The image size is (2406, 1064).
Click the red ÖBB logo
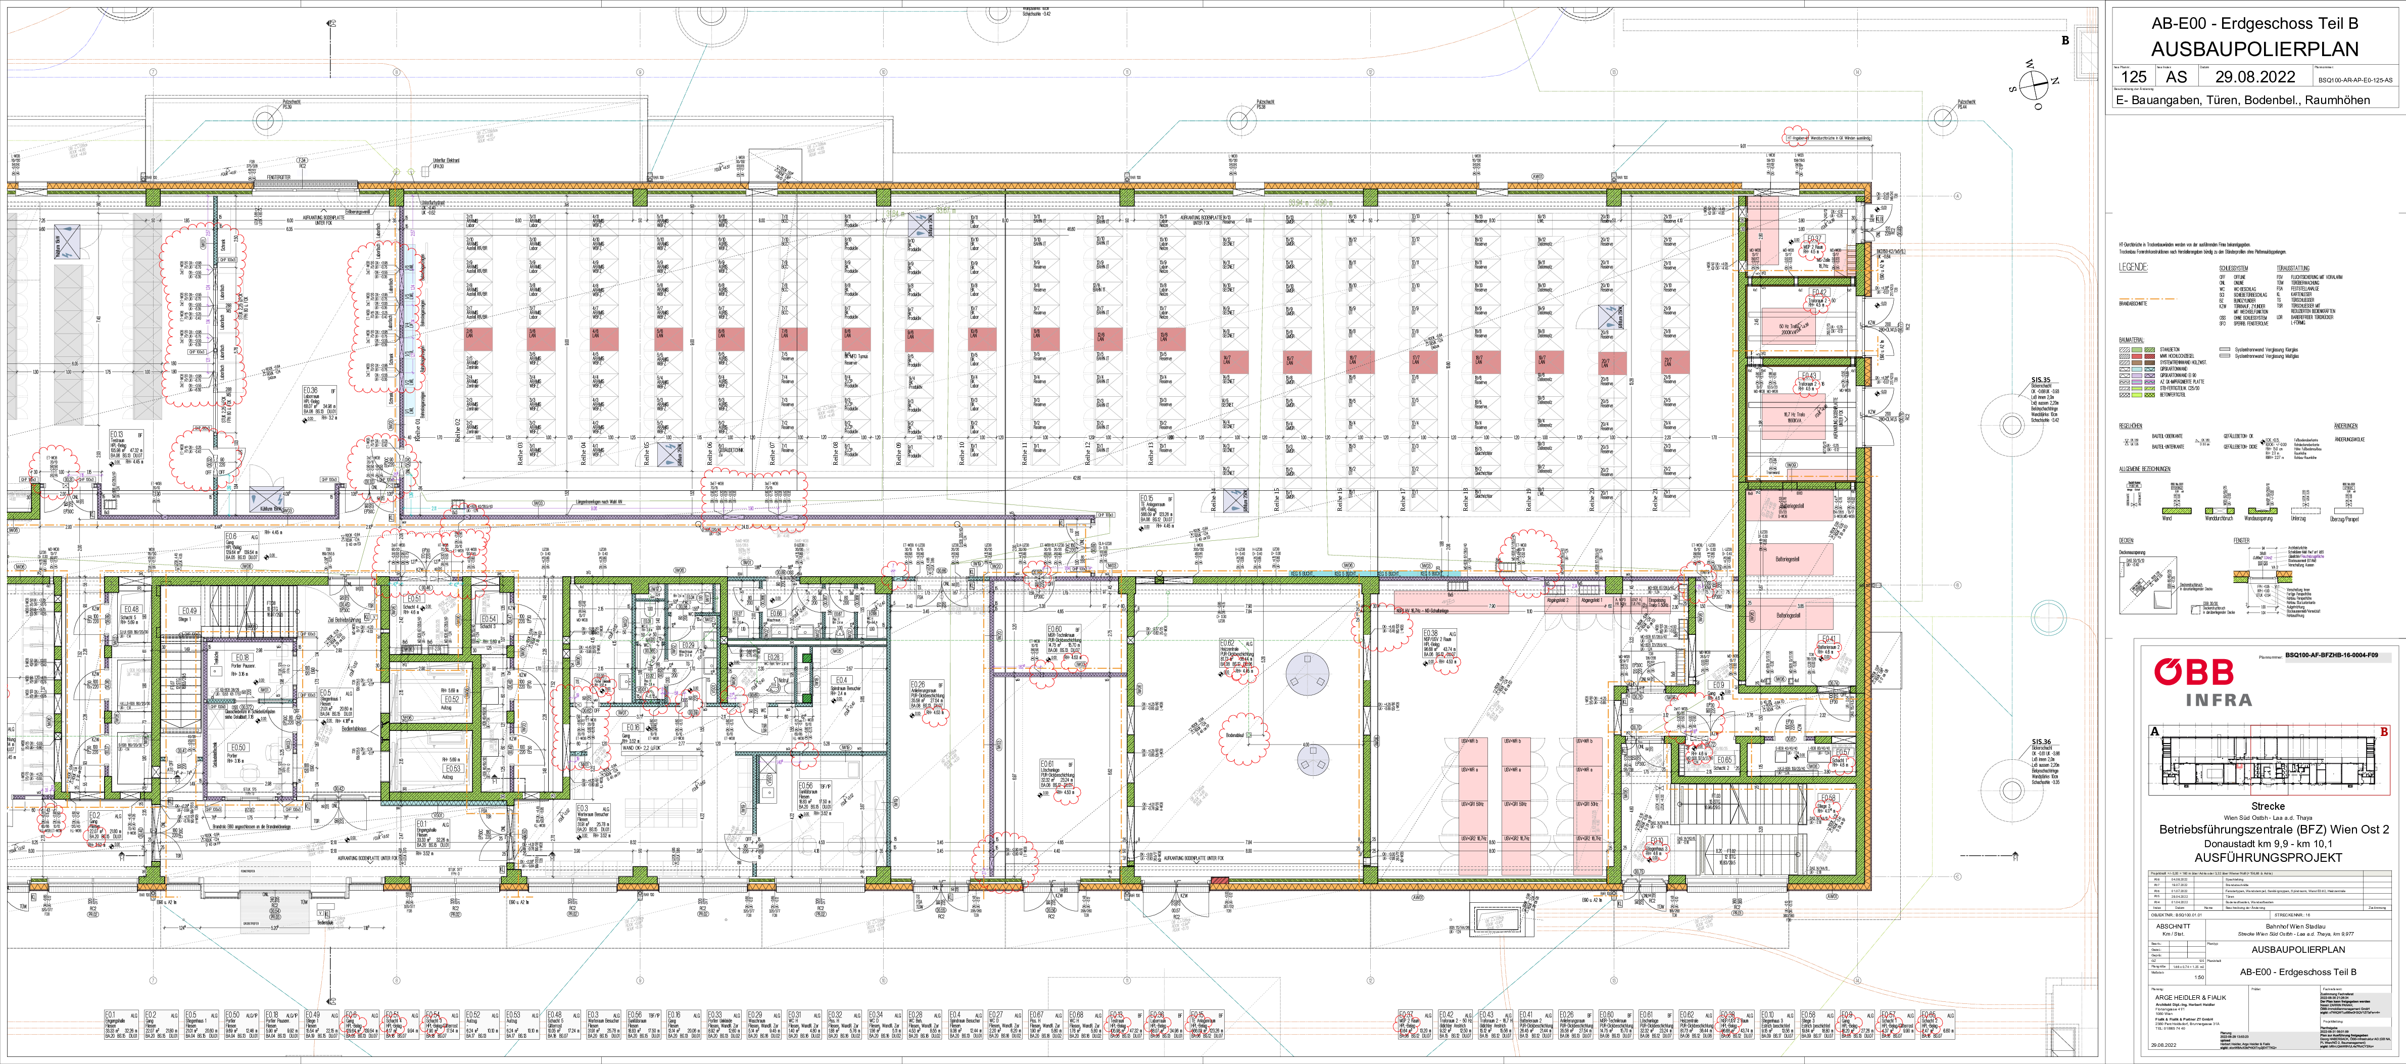2193,672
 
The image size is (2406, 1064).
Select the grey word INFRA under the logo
2218,700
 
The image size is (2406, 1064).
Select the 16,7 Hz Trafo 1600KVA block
1792,417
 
